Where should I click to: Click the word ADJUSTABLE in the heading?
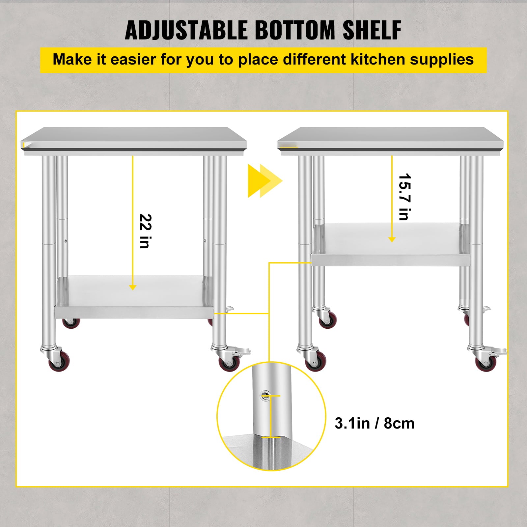(186, 30)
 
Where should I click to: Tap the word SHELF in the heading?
(372, 30)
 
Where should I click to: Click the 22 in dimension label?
(145, 231)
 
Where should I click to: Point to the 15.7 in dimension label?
(404, 197)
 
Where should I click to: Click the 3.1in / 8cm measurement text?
(374, 424)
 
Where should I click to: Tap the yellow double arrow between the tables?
(264, 181)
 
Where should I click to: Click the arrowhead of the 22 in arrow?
(133, 287)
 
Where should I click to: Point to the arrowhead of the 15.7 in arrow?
(392, 239)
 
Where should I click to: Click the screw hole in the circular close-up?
(264, 395)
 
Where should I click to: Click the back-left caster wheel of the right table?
(328, 319)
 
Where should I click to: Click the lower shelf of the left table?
(133, 296)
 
